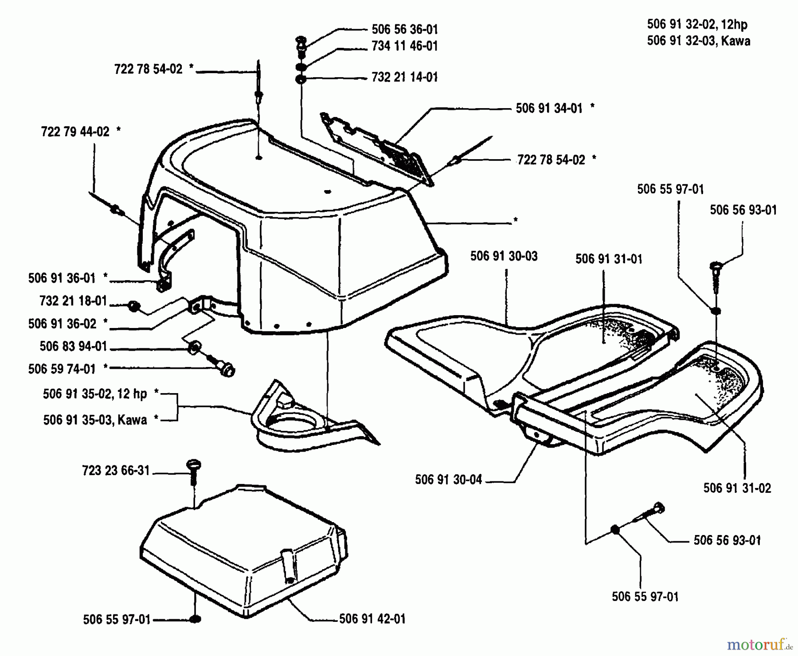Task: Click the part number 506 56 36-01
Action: (x=404, y=30)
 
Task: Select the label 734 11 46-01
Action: (x=404, y=46)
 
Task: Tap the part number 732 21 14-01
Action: (x=404, y=77)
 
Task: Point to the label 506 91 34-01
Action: (x=549, y=109)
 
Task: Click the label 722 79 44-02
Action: (x=75, y=132)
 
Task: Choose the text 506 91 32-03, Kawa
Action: (x=698, y=41)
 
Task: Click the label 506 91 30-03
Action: (x=504, y=256)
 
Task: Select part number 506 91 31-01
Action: (x=609, y=259)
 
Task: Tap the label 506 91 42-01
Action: (x=372, y=619)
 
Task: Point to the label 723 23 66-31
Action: (x=116, y=471)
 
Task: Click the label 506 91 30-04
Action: (x=448, y=480)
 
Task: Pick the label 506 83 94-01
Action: (x=73, y=347)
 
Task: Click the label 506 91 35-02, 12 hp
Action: (x=95, y=394)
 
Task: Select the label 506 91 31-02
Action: (x=737, y=488)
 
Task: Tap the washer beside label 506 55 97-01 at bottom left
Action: (x=195, y=619)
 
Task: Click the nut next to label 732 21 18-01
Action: (x=133, y=306)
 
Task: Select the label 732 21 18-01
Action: (x=73, y=301)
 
